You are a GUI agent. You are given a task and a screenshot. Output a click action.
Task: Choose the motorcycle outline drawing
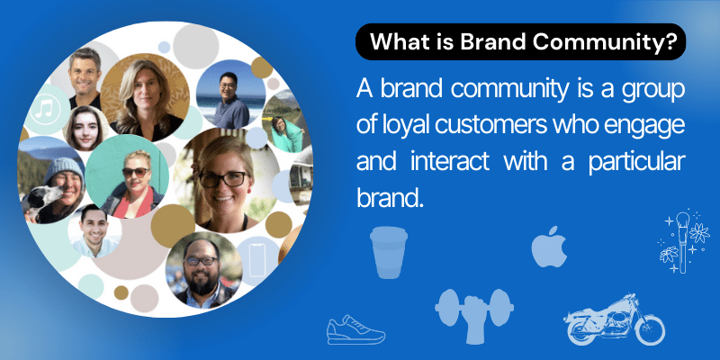point(615,319)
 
